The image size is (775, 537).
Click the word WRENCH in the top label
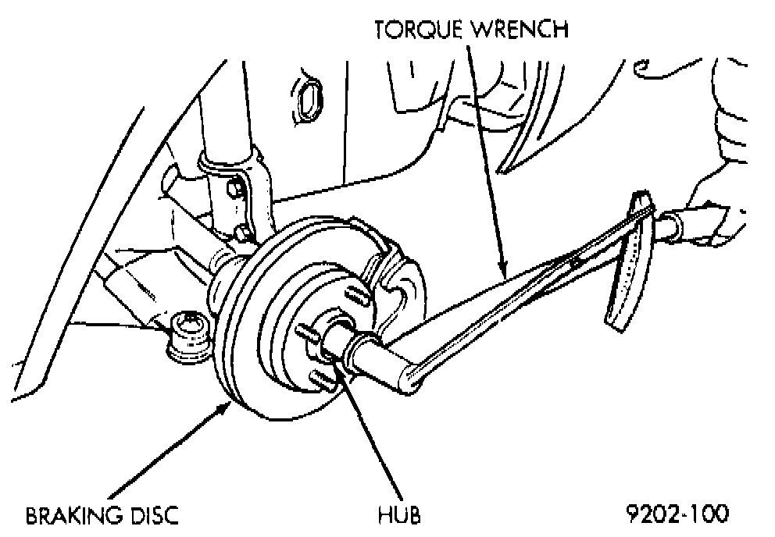click(520, 29)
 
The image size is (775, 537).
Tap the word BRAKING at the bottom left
click(73, 515)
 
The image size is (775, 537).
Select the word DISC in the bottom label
click(154, 515)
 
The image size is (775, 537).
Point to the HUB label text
click(399, 514)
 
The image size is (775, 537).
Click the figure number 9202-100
click(677, 514)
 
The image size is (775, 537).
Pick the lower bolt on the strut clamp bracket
click(241, 231)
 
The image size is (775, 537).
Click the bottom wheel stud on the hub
click(323, 379)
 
